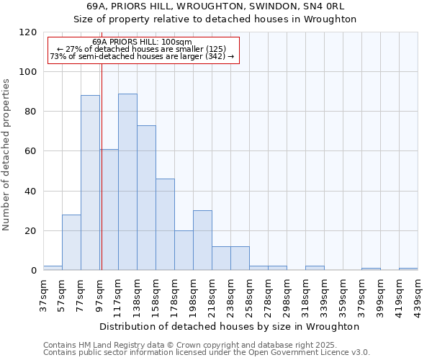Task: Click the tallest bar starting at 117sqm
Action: pos(127,182)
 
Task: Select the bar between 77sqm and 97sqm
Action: pos(90,183)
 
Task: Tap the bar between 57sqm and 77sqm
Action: pos(71,243)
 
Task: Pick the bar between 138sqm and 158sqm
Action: pos(146,198)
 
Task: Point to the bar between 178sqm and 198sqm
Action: pos(184,251)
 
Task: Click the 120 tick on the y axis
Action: pos(28,32)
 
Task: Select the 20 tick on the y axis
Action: pos(31,231)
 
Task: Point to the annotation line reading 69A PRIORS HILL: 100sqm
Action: pos(142,42)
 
